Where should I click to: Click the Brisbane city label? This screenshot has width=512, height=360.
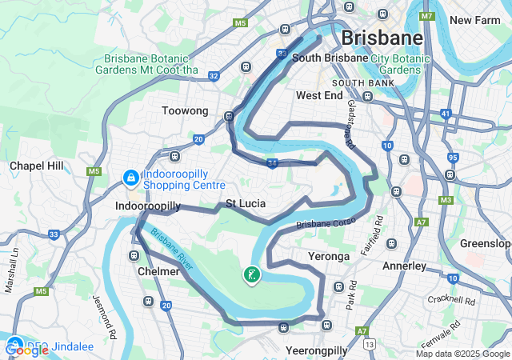point(382,38)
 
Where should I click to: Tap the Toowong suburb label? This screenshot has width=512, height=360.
point(185,111)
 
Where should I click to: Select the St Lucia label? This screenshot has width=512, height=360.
point(246,204)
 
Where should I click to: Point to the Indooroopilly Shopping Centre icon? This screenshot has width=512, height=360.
point(130,177)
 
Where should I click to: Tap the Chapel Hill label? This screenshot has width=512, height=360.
point(36,166)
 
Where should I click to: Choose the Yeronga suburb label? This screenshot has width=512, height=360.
point(329,257)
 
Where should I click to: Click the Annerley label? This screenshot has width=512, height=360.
point(405,266)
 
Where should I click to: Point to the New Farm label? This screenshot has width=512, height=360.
point(476,20)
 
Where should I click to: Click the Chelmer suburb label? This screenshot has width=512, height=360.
point(158,271)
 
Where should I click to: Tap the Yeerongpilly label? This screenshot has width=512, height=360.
point(317,350)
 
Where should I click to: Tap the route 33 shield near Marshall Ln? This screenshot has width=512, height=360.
point(54,234)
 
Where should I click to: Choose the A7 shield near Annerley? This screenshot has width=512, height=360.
point(421,222)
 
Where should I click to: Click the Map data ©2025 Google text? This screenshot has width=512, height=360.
point(462,354)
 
